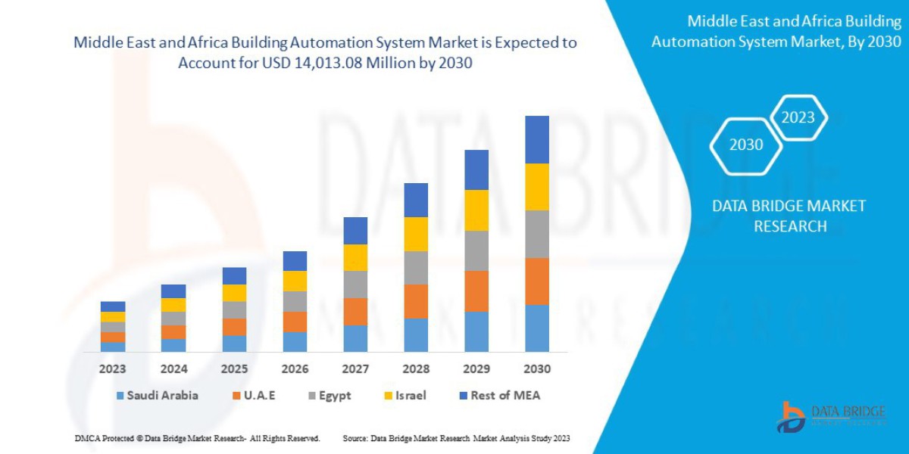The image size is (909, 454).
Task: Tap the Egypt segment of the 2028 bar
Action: pyautogui.click(x=416, y=268)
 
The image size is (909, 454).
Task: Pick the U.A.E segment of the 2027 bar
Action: pyautogui.click(x=355, y=312)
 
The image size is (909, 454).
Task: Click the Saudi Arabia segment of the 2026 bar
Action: pyautogui.click(x=295, y=342)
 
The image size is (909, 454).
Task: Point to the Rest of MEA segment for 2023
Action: pyautogui.click(x=113, y=306)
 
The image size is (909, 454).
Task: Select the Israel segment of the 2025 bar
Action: pyautogui.click(x=234, y=293)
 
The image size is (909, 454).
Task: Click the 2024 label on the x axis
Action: pyautogui.click(x=173, y=369)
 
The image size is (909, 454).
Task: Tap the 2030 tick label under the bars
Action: pyautogui.click(x=537, y=369)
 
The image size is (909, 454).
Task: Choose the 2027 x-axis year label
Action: pyautogui.click(x=355, y=369)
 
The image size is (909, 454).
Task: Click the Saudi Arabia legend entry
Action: pyautogui.click(x=158, y=395)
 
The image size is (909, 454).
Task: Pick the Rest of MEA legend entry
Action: pyautogui.click(x=499, y=395)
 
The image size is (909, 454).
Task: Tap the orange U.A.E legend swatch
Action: pyautogui.click(x=237, y=396)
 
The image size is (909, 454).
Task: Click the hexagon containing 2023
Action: pyautogui.click(x=798, y=117)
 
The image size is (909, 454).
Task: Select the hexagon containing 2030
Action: pyautogui.click(x=745, y=145)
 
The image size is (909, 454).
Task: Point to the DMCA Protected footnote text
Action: pyautogui.click(x=197, y=438)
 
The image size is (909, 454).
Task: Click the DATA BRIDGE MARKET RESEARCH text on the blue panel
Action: pyautogui.click(x=789, y=216)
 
